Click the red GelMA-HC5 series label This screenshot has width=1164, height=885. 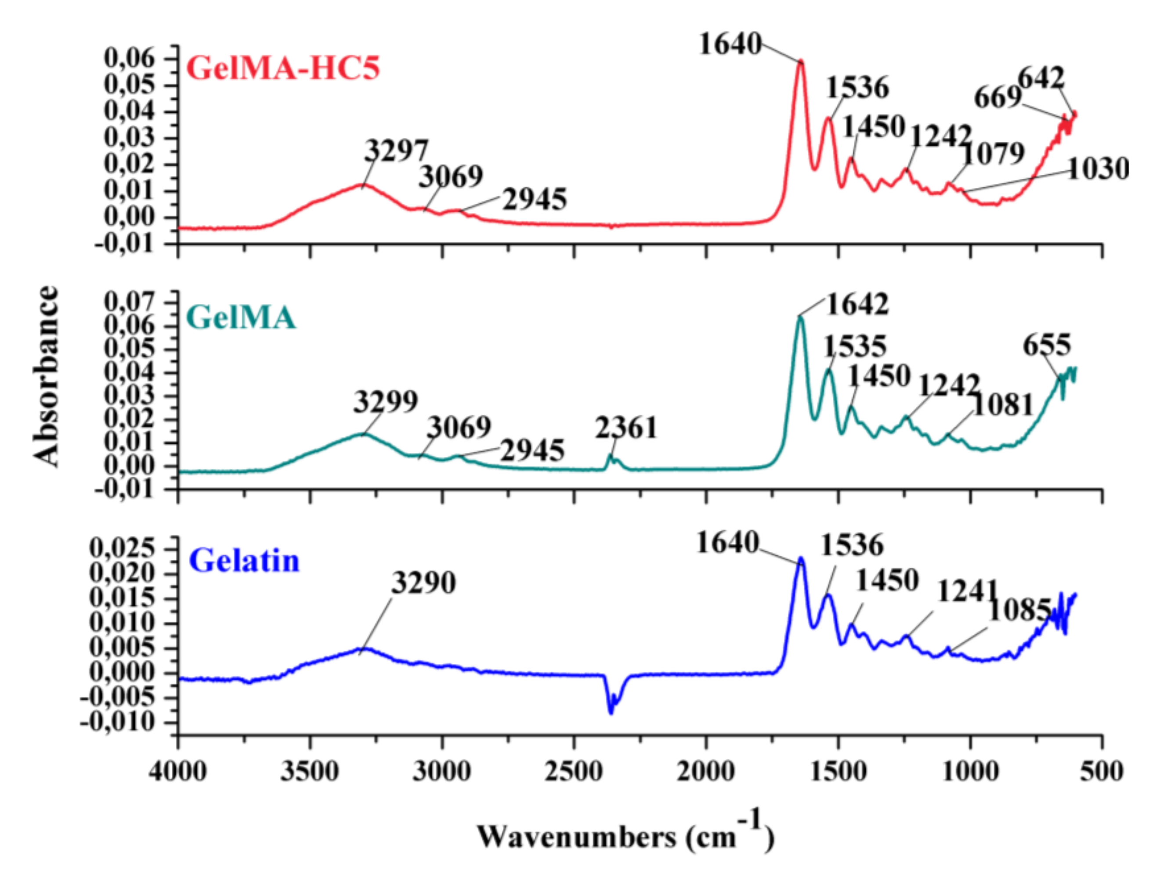(283, 68)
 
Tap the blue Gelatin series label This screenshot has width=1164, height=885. (244, 561)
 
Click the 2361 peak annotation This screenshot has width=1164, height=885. (626, 428)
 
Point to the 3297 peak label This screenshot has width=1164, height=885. (397, 151)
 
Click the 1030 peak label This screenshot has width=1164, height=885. (1099, 169)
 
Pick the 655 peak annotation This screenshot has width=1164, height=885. (1047, 345)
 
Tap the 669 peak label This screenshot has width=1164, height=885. (998, 98)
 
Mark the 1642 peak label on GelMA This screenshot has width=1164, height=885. (857, 305)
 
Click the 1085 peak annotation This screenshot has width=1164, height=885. (1020, 611)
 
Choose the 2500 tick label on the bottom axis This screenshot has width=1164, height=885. (574, 772)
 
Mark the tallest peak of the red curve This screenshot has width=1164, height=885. (801, 62)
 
